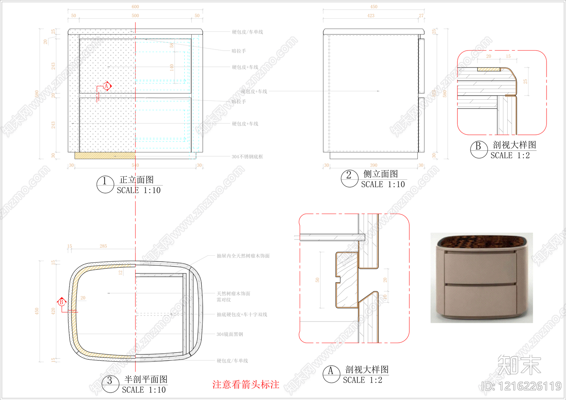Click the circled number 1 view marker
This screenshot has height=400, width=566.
pyautogui.click(x=105, y=184)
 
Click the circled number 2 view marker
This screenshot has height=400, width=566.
pyautogui.click(x=349, y=178)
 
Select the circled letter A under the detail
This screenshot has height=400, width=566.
pyautogui.click(x=331, y=374)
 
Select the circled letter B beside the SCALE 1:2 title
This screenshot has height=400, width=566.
pyautogui.click(x=479, y=149)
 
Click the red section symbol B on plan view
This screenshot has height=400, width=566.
pyautogui.click(x=62, y=302)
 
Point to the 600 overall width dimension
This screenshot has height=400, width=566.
pyautogui.click(x=135, y=7)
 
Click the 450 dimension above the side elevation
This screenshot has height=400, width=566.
pyautogui.click(x=374, y=7)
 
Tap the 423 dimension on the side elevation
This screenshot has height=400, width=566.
pyautogui.click(x=371, y=16)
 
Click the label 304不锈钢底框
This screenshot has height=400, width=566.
pyautogui.click(x=247, y=157)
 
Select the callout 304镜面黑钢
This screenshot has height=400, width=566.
pyautogui.click(x=230, y=334)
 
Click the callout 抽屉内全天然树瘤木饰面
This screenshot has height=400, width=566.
pyautogui.click(x=243, y=256)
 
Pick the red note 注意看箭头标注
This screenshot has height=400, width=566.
pyautogui.click(x=246, y=385)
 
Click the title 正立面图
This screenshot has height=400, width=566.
pyautogui.click(x=137, y=180)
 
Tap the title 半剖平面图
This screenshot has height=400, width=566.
pyautogui.click(x=146, y=379)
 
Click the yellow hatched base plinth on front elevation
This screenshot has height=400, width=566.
pyautogui.click(x=105, y=156)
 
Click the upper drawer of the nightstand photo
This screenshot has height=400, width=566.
pyautogui.click(x=480, y=268)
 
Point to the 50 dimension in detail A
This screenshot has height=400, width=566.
pyautogui.click(x=317, y=280)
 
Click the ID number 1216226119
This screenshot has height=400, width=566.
pyautogui.click(x=522, y=386)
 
